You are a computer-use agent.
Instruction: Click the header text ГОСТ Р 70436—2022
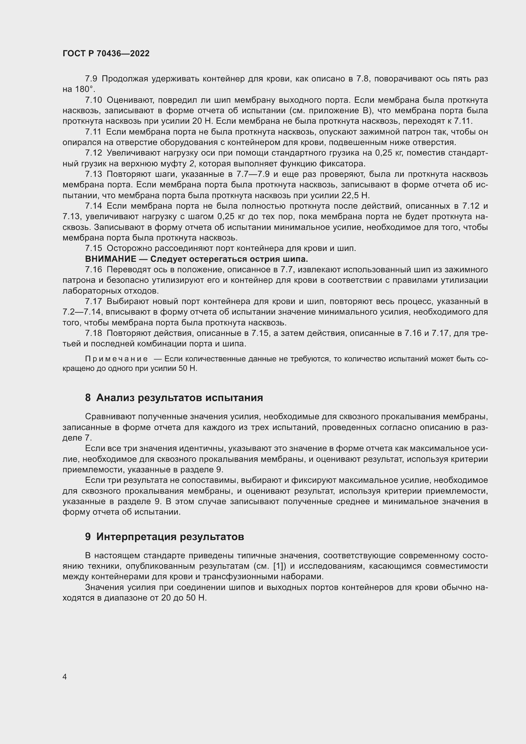tap(106, 53)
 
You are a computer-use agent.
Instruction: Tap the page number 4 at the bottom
tap(65, 677)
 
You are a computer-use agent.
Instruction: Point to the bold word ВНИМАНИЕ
tap(110, 259)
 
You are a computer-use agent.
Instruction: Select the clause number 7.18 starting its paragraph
tap(93, 333)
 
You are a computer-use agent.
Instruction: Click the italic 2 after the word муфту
tap(192, 163)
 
